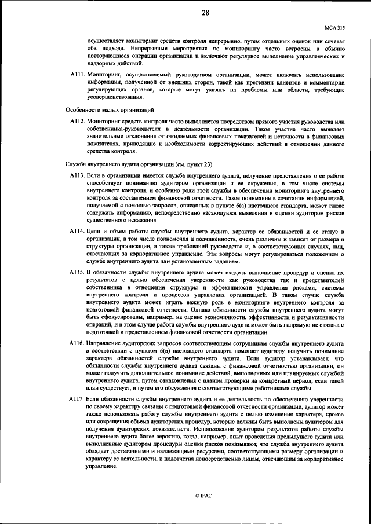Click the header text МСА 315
tap(333, 27)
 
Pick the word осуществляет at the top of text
tap(106, 42)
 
